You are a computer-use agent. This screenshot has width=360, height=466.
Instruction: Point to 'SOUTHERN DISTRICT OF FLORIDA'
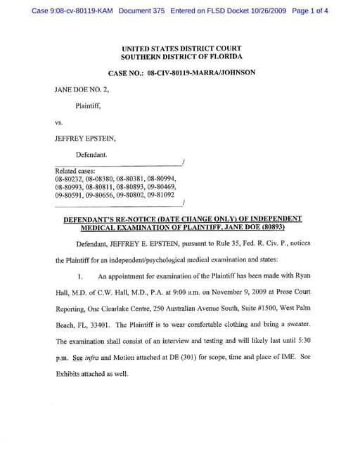pyautogui.click(x=181, y=56)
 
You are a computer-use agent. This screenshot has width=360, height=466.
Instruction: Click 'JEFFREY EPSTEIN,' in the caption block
pyautogui.click(x=84, y=138)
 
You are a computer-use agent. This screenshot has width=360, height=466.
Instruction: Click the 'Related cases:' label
pyautogui.click(x=74, y=171)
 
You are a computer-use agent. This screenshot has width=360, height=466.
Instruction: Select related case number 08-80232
pyautogui.click(x=67, y=179)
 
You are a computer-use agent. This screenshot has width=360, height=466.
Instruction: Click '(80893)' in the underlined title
pyautogui.click(x=261, y=228)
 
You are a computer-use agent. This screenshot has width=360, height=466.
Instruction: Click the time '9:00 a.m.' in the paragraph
pyautogui.click(x=189, y=292)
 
